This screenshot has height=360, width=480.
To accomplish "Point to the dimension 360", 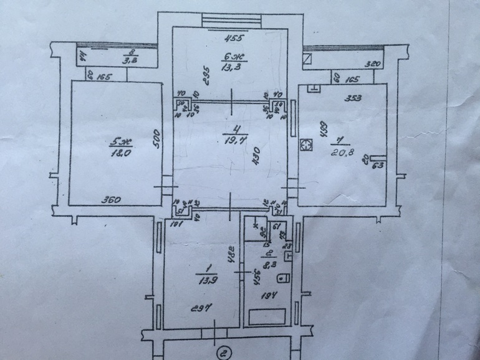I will [111, 200].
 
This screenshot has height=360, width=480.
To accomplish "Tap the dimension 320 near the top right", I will [373, 64].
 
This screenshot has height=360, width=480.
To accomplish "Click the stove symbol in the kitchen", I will [307, 145].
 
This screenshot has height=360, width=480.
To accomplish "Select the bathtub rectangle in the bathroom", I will [267, 316].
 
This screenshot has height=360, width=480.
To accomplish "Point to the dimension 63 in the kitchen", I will [377, 165].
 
